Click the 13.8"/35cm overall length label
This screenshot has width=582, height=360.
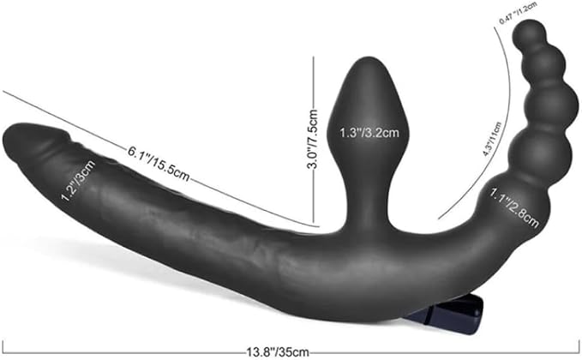click(x=278, y=351)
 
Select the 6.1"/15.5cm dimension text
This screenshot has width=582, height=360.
click(x=159, y=164)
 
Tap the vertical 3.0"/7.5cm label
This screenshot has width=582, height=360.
click(x=312, y=139)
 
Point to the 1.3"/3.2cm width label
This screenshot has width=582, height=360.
click(x=369, y=133)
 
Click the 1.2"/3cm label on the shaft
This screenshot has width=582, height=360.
click(x=78, y=180)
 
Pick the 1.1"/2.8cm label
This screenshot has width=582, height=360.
click(x=514, y=208)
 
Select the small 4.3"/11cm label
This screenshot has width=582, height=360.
click(x=492, y=139)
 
